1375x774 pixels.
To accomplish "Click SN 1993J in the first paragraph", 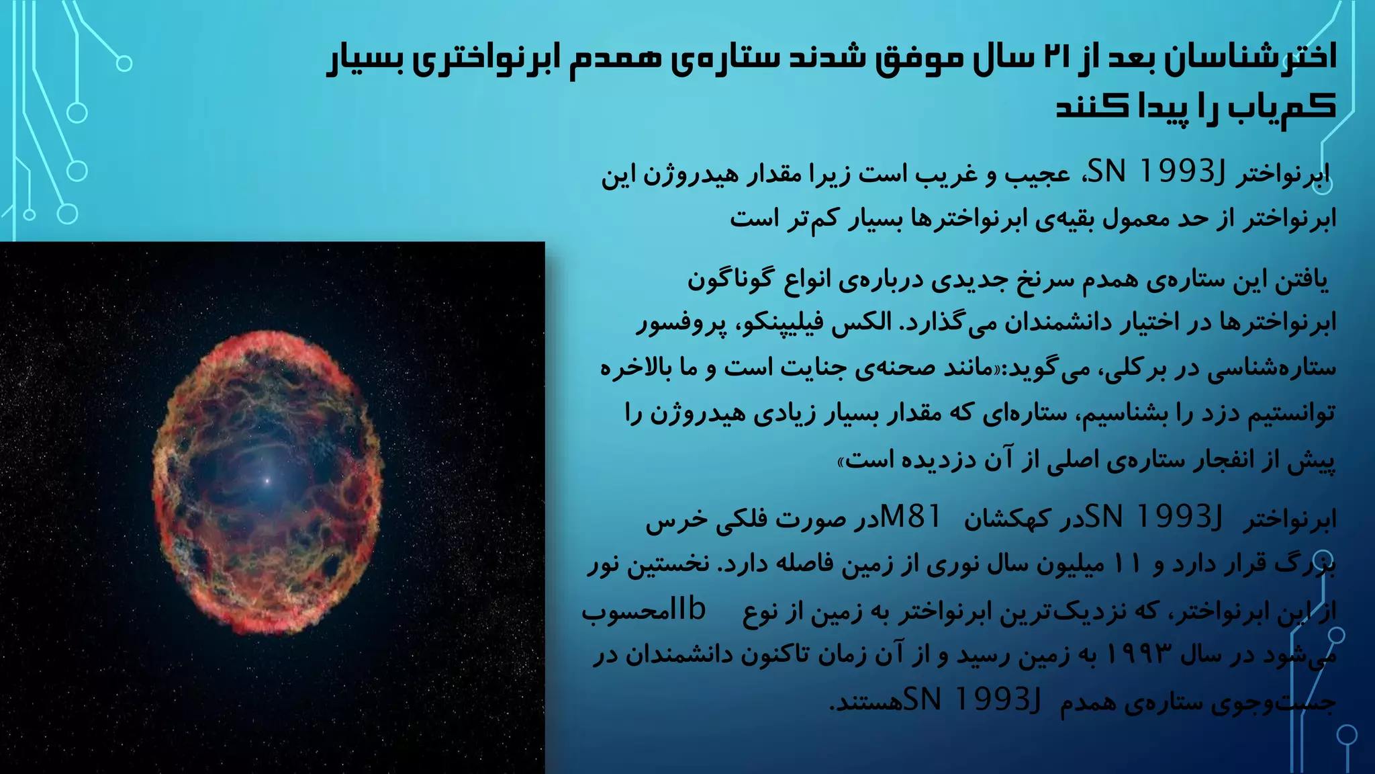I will tap(1155, 173).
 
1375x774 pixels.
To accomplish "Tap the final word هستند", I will tap(865, 701).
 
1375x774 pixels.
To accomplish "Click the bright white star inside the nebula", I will tap(267, 480).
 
